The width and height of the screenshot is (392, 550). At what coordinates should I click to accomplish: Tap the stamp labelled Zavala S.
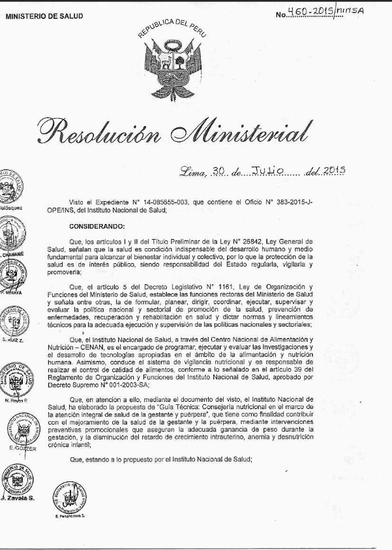tap(14, 482)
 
